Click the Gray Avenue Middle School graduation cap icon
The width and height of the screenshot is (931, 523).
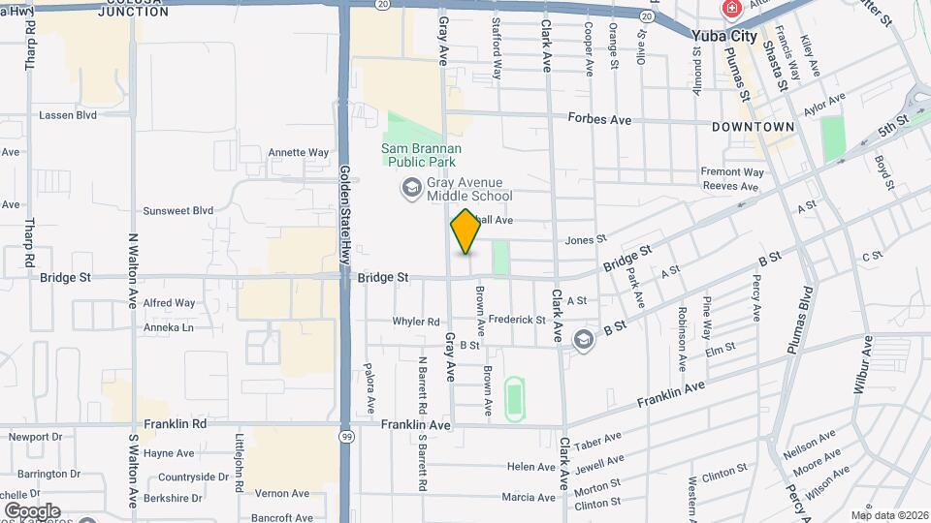[411, 187]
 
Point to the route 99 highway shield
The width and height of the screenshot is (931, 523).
[347, 437]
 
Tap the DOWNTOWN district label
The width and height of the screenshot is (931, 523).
[753, 127]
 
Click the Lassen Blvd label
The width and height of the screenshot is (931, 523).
[68, 114]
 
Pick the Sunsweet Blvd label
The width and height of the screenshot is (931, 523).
[177, 210]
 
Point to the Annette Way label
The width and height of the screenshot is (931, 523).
[298, 152]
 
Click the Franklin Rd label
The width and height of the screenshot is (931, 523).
[176, 424]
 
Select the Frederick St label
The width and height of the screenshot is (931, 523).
[517, 320]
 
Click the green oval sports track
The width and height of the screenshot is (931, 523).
[513, 398]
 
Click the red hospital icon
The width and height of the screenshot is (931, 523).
[730, 10]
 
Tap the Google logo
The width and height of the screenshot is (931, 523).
[31, 510]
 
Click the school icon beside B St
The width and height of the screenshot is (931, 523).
[584, 339]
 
